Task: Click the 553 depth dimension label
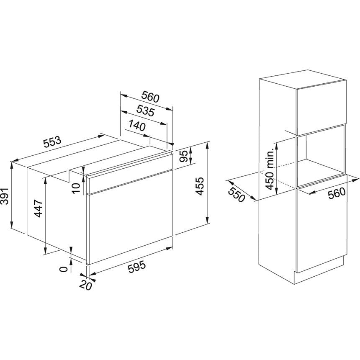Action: pos(53,142)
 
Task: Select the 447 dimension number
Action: pos(38,208)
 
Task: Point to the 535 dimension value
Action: pos(146,111)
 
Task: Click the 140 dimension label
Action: pos(137,126)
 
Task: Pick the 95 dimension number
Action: pos(184,156)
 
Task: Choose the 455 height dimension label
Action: pos(200,186)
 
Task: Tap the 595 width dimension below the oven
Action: pos(137,267)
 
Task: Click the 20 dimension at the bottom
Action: pos(86,285)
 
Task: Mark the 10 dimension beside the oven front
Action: pos(76,188)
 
